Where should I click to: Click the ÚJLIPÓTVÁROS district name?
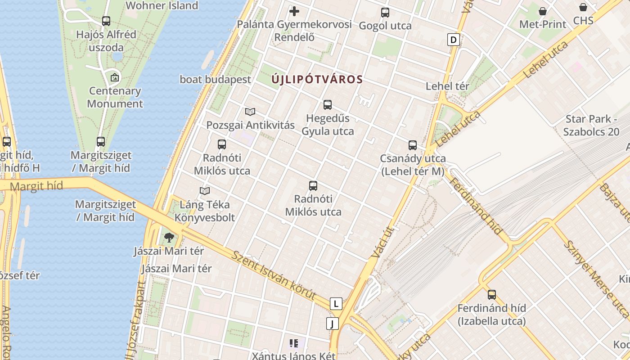tap(317, 80)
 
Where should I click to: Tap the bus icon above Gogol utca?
tap(385, 12)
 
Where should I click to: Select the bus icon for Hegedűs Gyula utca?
tap(328, 105)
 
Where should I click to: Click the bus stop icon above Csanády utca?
tap(413, 145)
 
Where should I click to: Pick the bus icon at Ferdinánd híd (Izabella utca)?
tap(492, 295)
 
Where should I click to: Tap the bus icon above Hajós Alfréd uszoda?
tap(106, 21)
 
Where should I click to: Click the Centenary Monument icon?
tap(115, 77)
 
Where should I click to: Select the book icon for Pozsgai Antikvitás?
tap(250, 112)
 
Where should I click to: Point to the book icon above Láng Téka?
tap(205, 191)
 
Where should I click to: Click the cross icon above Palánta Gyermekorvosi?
tap(294, 11)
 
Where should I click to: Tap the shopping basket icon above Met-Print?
tap(543, 11)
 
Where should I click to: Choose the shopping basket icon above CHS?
tap(583, 7)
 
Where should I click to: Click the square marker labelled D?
tap(453, 40)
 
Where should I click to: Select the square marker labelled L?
tap(336, 304)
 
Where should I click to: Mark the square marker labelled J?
tap(332, 324)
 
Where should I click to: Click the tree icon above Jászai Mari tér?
tap(169, 237)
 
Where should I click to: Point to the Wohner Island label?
tap(162, 6)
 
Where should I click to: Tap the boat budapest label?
tap(216, 80)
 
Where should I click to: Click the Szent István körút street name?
tap(274, 275)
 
